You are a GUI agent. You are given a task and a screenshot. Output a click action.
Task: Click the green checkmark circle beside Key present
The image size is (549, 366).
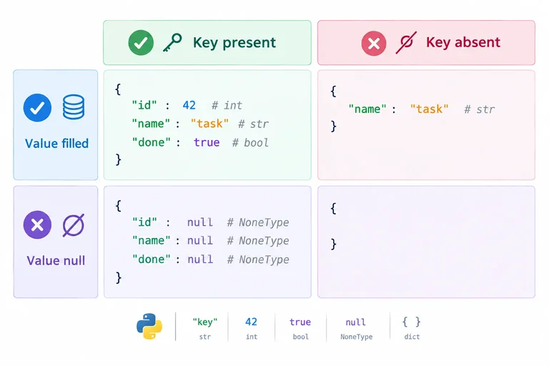click(141, 43)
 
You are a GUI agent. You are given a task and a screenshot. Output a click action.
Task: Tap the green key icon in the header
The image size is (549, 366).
click(172, 43)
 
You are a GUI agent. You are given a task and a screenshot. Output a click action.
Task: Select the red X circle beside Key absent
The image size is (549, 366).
click(374, 44)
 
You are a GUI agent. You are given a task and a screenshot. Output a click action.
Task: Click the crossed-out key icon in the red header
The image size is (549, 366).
click(406, 43)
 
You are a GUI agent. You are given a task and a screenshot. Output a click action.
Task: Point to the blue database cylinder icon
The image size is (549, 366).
click(74, 107)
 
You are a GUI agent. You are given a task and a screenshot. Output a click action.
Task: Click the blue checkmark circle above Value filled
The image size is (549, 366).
click(37, 107)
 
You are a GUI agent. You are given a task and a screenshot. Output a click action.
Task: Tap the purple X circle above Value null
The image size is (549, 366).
click(37, 225)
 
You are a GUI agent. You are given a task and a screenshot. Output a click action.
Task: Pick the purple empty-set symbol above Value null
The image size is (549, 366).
click(74, 225)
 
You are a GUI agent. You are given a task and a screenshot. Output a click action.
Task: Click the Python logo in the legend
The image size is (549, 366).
click(149, 327)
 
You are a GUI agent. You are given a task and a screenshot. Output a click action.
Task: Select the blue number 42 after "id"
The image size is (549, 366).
click(189, 105)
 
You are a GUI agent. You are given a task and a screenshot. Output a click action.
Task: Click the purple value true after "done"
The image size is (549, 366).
click(207, 142)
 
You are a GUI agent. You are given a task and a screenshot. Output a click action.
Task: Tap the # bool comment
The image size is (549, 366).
click(250, 142)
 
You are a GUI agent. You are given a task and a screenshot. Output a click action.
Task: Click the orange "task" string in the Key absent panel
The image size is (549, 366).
click(429, 109)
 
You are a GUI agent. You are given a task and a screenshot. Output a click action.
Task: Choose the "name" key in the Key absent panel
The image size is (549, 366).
click(367, 109)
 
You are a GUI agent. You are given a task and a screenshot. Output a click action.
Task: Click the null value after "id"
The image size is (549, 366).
click(200, 222)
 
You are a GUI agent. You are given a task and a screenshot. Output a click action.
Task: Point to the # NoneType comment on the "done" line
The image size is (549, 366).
click(258, 259)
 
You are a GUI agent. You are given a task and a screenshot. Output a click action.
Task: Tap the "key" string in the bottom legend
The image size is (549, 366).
click(205, 322)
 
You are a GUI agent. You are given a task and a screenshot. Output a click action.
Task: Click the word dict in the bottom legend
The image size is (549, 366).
click(412, 337)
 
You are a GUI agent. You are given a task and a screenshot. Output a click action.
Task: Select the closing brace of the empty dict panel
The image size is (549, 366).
click(334, 244)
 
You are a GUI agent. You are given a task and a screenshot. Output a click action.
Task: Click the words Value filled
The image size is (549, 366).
click(56, 143)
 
